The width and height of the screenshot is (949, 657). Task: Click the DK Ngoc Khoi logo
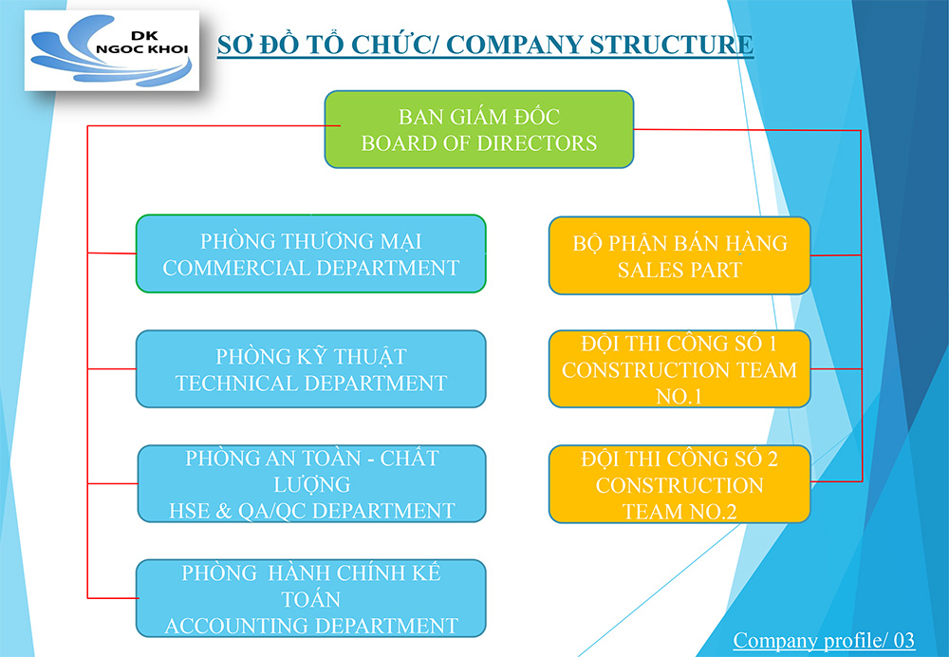click(x=112, y=50)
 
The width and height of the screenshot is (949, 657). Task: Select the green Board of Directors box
click(x=478, y=129)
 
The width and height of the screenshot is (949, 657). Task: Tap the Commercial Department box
click(x=311, y=253)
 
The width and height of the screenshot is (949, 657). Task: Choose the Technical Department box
click(x=311, y=368)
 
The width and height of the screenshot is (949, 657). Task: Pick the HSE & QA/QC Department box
click(x=311, y=484)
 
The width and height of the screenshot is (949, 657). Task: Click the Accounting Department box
click(x=311, y=598)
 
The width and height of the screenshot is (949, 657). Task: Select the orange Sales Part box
click(x=679, y=255)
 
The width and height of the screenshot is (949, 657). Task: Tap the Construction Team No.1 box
click(x=679, y=368)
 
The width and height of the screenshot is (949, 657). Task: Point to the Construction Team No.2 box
click(x=679, y=484)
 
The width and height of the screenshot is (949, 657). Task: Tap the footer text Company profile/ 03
click(x=824, y=640)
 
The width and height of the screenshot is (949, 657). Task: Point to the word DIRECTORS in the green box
click(x=537, y=143)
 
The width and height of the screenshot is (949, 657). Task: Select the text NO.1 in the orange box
click(x=679, y=397)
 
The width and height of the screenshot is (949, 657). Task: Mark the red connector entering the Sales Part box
click(x=836, y=255)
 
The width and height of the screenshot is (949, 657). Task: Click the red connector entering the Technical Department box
click(x=112, y=368)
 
